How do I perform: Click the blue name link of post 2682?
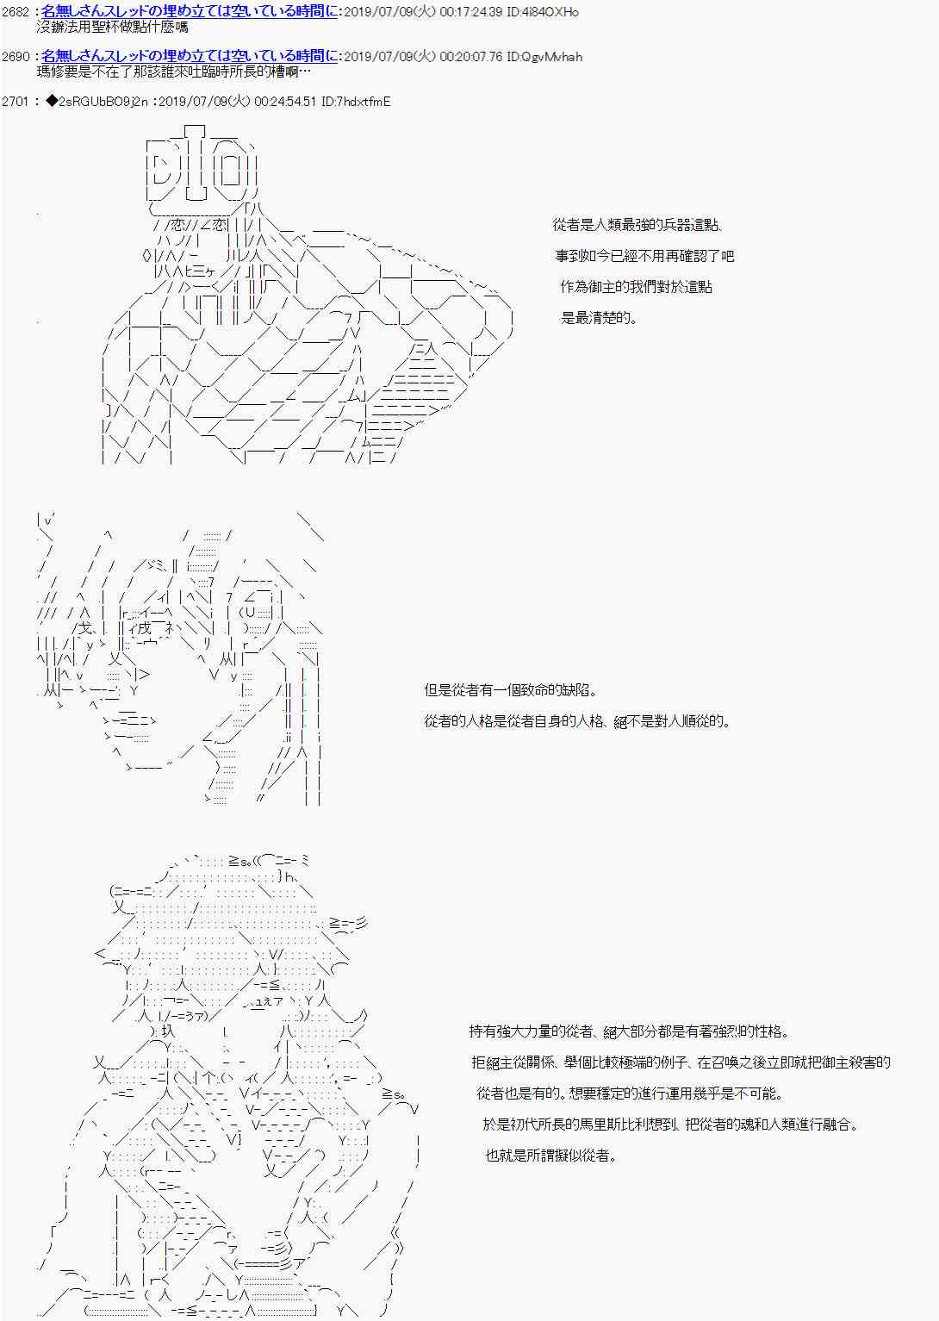coord(189,12)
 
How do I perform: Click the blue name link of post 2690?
coord(189,57)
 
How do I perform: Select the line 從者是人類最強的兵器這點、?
coord(637,225)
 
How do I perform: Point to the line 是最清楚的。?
coord(600,317)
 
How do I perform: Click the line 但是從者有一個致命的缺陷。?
coord(510,690)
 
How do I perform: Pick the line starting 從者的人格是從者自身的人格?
coord(577,720)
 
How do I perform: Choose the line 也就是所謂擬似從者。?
coord(550,1156)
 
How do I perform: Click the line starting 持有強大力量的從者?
coord(629,1031)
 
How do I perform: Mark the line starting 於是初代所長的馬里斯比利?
coord(671,1125)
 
